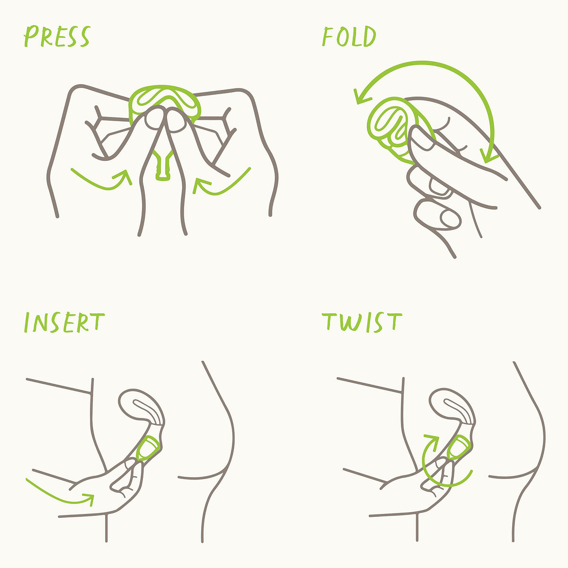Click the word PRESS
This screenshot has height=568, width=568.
click(x=57, y=36)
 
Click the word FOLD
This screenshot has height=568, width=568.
click(x=349, y=36)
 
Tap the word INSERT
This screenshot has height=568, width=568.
click(x=64, y=322)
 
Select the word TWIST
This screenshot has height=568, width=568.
click(x=362, y=322)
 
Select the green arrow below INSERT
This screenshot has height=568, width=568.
click(x=59, y=495)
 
